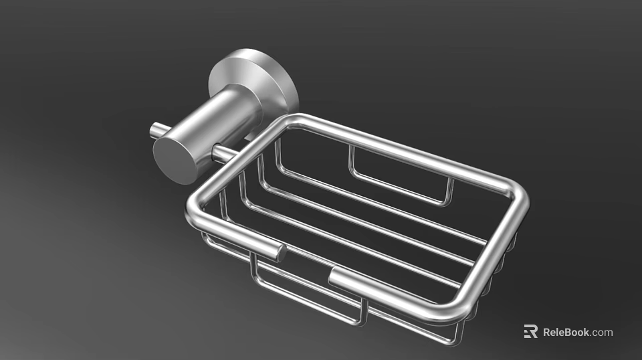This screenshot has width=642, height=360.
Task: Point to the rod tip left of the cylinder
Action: (155, 130)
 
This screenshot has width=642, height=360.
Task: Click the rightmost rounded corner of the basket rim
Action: (519, 194)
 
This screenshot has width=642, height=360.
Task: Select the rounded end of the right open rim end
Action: (334, 276)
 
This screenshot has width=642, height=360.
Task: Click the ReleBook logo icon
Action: (530, 331)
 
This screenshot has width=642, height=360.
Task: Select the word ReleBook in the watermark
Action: (566, 332)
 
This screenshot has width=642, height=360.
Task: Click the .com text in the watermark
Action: (602, 332)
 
